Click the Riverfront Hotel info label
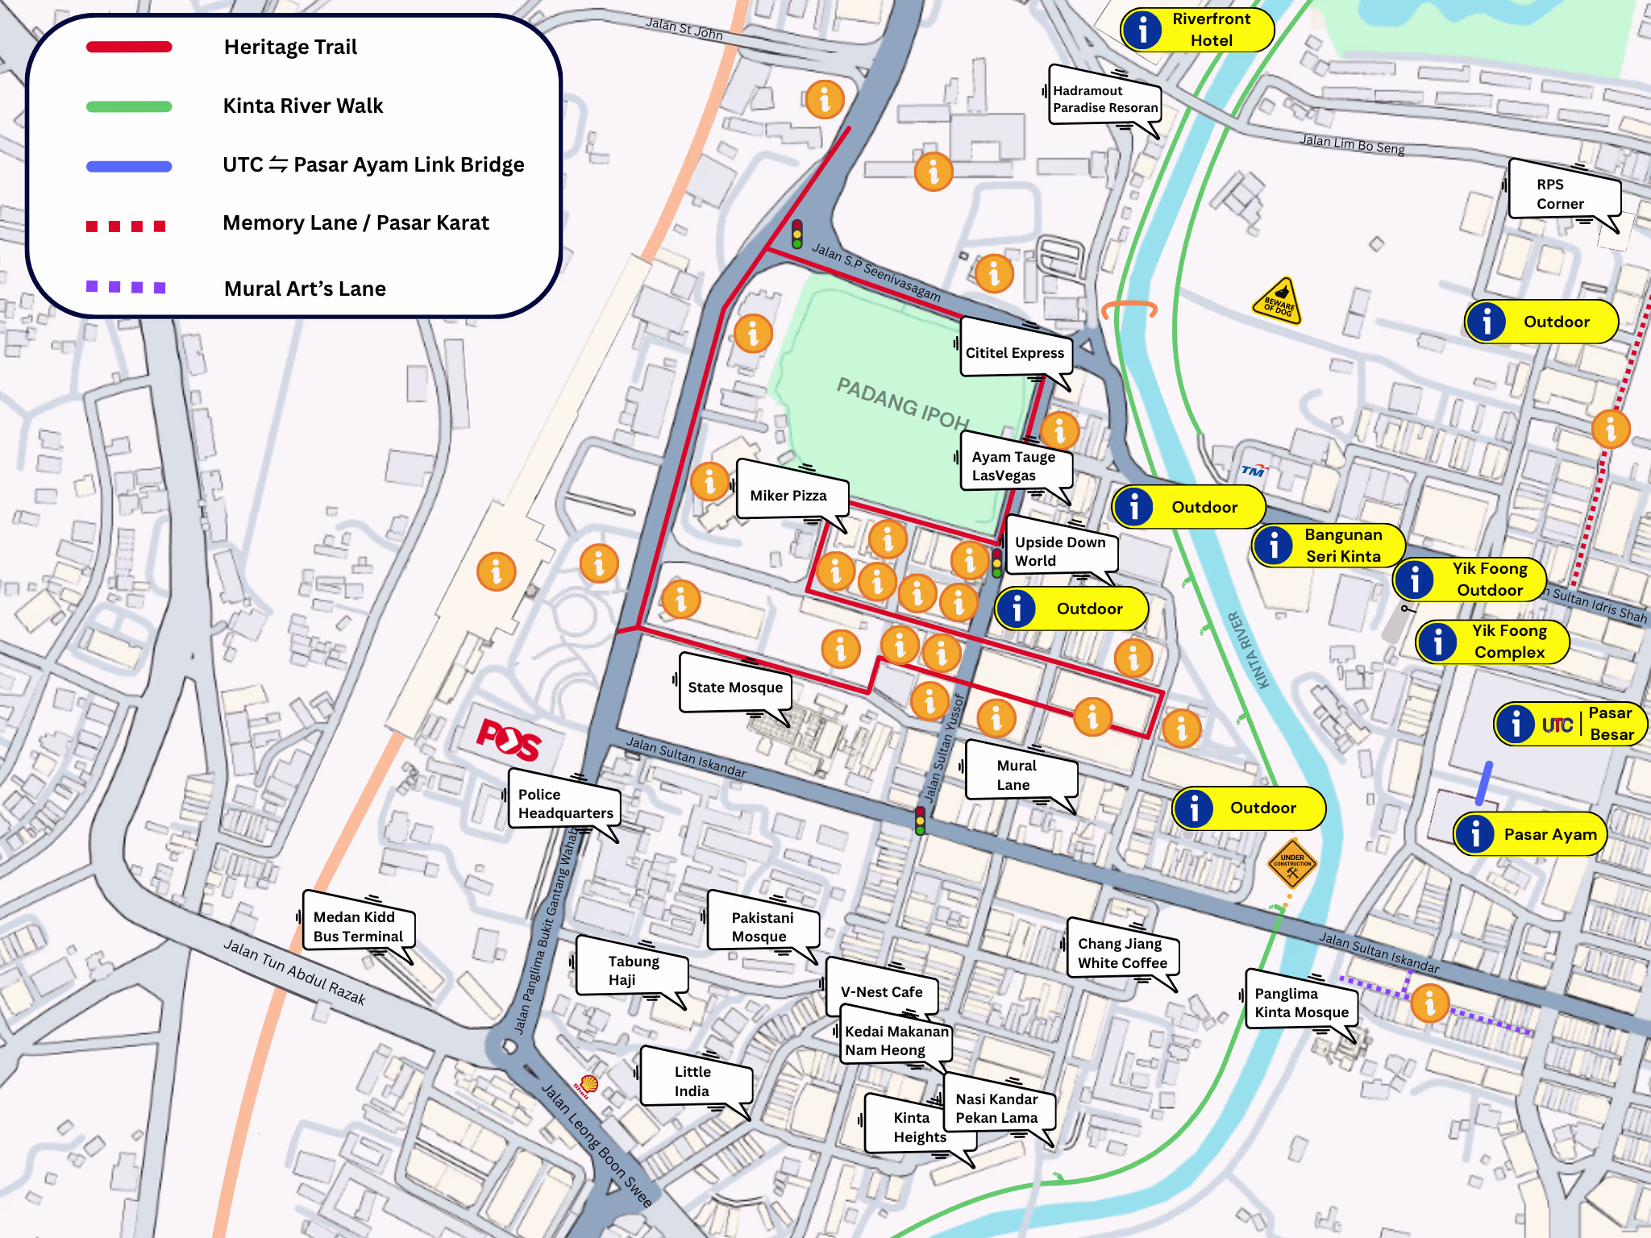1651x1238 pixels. point(1197,30)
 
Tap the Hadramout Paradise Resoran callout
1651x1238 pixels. point(1104,99)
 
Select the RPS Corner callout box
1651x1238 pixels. point(1562,193)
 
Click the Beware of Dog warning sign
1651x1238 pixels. point(1279,301)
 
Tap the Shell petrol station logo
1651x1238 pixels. point(588,1085)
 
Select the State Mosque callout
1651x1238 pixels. point(734,687)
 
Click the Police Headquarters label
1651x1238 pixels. point(564,804)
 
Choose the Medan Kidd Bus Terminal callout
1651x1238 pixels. point(358,926)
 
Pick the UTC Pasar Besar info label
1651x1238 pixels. point(1570,724)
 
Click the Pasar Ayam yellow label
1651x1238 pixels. point(1530,834)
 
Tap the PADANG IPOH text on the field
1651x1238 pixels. point(902,402)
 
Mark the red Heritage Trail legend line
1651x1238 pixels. point(129,47)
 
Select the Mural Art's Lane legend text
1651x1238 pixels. point(305,289)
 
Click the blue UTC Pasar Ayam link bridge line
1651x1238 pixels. point(1484,783)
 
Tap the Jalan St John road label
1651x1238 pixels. point(684,29)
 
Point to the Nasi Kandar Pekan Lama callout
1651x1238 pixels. point(997,1108)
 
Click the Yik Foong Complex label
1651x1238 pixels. point(1493,642)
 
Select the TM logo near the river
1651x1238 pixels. point(1253,471)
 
